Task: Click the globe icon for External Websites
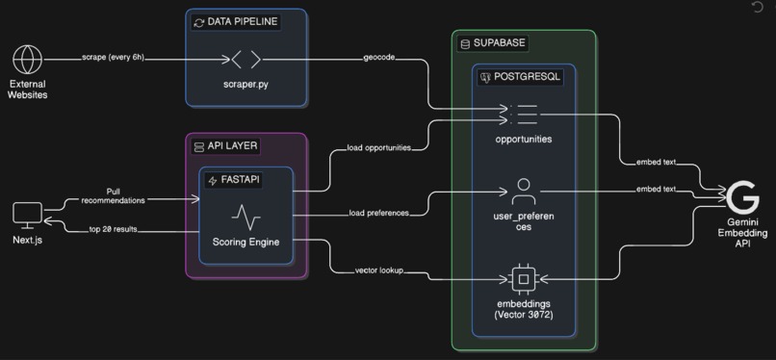28,60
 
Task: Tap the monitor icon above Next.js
28,214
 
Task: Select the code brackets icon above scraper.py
246,60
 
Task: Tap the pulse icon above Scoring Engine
246,214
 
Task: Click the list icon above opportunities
523,113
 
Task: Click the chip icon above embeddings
523,279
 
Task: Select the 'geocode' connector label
377,59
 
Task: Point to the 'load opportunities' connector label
378,148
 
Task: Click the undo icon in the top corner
757,8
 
